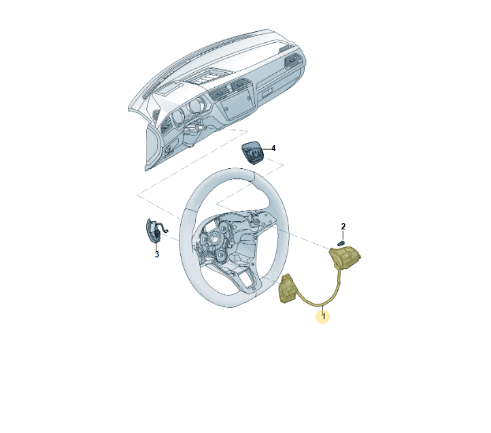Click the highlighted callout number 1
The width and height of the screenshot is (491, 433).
324,317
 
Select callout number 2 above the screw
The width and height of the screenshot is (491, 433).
343,227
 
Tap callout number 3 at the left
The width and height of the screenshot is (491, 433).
157,254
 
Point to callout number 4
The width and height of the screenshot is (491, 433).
273,148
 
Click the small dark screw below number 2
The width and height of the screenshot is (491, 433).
341,243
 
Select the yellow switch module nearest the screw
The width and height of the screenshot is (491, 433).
345,258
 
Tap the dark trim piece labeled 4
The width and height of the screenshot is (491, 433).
252,153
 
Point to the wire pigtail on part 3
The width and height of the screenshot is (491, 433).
163,227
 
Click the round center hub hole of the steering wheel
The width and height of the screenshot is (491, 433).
216,238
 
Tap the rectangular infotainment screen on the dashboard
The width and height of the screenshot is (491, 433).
237,105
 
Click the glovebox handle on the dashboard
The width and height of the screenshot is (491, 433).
267,93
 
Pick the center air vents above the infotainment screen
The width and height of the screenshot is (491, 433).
230,89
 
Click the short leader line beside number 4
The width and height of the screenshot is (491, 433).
267,149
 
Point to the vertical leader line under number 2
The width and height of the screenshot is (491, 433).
343,236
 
